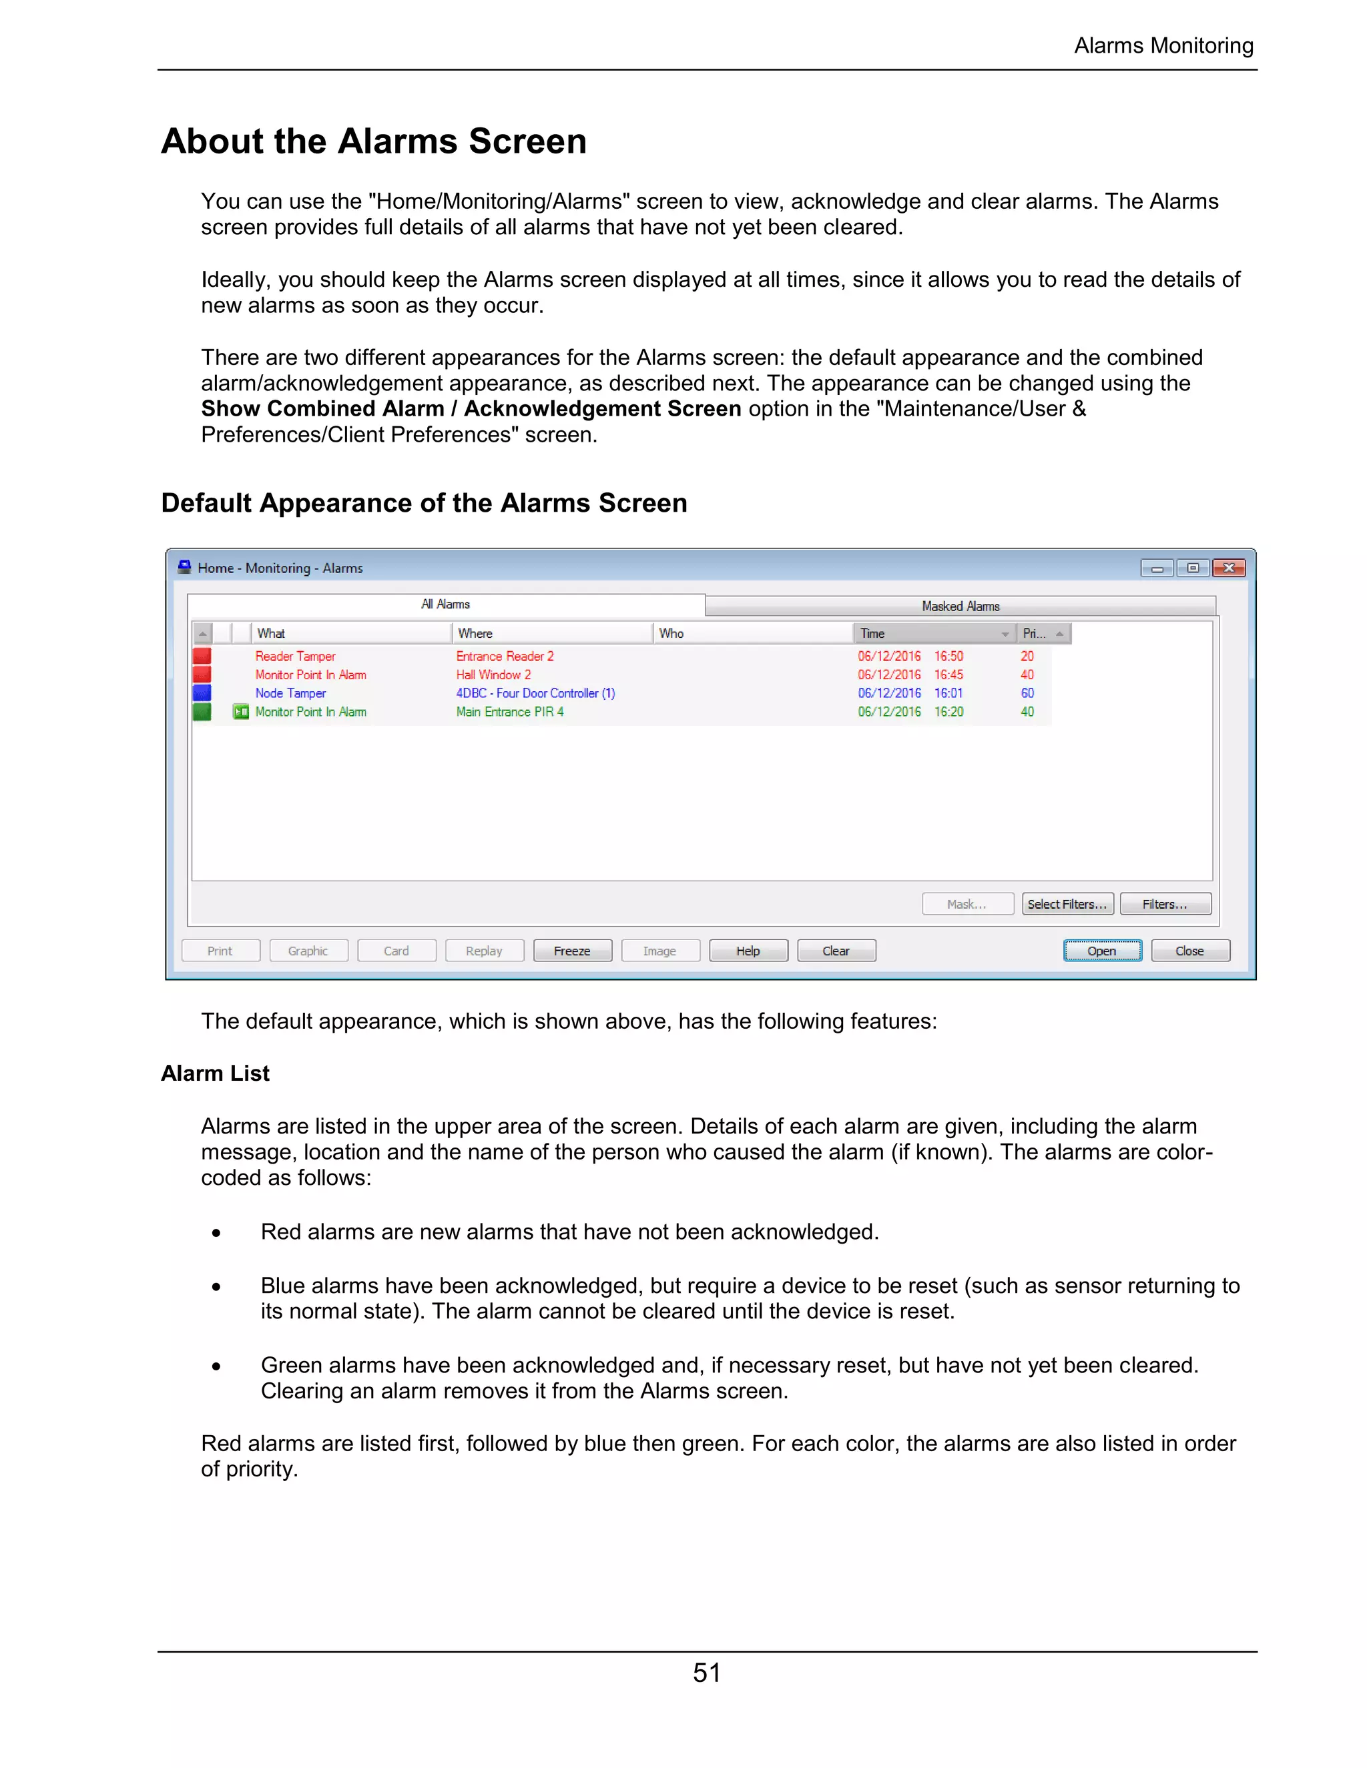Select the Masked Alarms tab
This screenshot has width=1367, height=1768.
click(961, 606)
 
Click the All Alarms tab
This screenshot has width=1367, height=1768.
click(445, 604)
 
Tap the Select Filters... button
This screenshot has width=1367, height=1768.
click(1067, 904)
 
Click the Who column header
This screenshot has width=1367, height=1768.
click(671, 633)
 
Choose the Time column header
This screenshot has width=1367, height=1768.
click(872, 633)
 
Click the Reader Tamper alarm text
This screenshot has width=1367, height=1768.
click(295, 656)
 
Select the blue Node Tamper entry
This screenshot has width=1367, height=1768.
click(291, 694)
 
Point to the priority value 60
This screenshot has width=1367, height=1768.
click(1027, 694)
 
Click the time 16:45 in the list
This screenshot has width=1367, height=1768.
click(948, 675)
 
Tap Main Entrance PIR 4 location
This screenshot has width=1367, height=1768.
click(509, 713)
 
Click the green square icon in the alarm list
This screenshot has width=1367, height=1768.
click(202, 713)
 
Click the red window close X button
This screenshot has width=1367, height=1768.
click(1229, 568)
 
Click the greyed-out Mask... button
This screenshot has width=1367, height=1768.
click(967, 904)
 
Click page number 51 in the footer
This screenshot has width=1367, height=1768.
click(706, 1673)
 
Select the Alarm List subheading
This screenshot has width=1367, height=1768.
click(216, 1073)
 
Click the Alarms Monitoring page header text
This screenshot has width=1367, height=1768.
click(1163, 46)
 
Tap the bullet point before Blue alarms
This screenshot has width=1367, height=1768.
click(216, 1286)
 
